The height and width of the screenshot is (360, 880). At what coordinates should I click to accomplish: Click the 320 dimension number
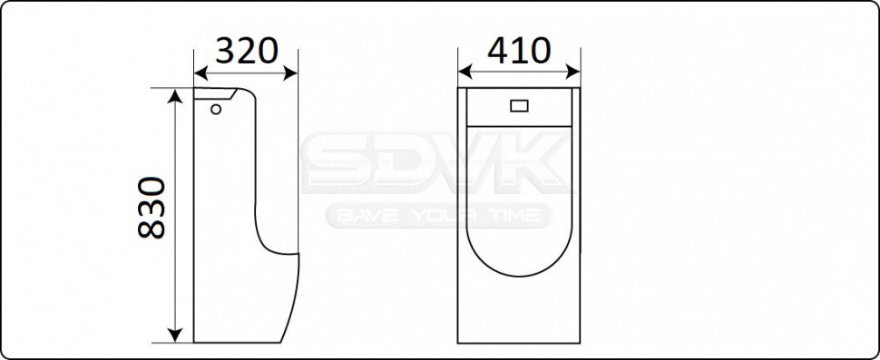[x=247, y=51]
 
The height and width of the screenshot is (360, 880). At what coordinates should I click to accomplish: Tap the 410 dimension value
[x=519, y=50]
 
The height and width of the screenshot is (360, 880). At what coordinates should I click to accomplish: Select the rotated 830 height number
[x=152, y=208]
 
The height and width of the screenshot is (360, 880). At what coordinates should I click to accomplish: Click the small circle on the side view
[x=216, y=109]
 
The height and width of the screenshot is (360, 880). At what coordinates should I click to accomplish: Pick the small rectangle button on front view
[x=519, y=105]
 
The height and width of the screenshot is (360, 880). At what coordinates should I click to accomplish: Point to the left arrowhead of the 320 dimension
[x=200, y=73]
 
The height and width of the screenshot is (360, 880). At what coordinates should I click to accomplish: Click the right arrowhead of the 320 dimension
[x=290, y=73]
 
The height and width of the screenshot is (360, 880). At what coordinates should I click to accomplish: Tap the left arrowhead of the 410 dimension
[x=465, y=72]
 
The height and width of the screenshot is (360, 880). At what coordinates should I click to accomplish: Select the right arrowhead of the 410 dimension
[x=573, y=72]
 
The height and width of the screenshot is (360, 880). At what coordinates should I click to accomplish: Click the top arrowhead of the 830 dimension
[x=175, y=96]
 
